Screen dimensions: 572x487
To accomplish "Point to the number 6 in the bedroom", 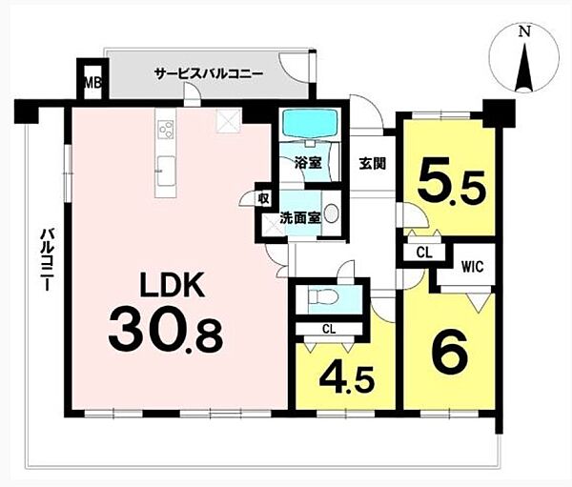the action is coord(449,352).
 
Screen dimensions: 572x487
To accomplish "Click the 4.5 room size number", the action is coord(347,379).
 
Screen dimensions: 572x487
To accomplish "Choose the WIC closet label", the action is coord(472,267).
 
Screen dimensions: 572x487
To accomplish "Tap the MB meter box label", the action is coord(93,83).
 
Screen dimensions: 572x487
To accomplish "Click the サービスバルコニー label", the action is coord(209,73).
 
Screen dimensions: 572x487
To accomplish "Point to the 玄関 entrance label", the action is coord(373,164).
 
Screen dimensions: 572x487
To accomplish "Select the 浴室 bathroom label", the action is coord(308,163).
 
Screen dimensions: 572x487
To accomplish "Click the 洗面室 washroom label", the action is coord(300,218).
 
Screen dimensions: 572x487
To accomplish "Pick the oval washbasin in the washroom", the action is coord(332,214).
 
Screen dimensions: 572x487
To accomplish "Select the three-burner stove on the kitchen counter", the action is coord(165,129).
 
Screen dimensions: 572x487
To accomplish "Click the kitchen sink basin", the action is coord(166,170).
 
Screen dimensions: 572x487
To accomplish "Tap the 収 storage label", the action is coord(263,199).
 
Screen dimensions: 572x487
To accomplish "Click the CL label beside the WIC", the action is coord(424,253).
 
